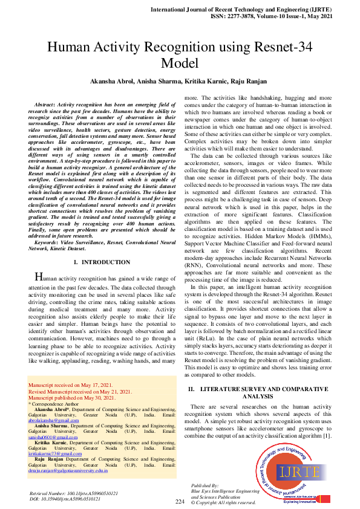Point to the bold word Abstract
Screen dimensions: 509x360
point(51,105)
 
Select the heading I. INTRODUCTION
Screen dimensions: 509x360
point(101,262)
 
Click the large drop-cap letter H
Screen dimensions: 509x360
point(39,277)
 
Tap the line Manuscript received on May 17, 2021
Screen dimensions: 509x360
point(70,385)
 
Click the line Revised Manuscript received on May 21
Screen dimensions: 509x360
point(80,392)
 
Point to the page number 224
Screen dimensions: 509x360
point(180,502)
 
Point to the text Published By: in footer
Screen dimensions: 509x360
point(205,485)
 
